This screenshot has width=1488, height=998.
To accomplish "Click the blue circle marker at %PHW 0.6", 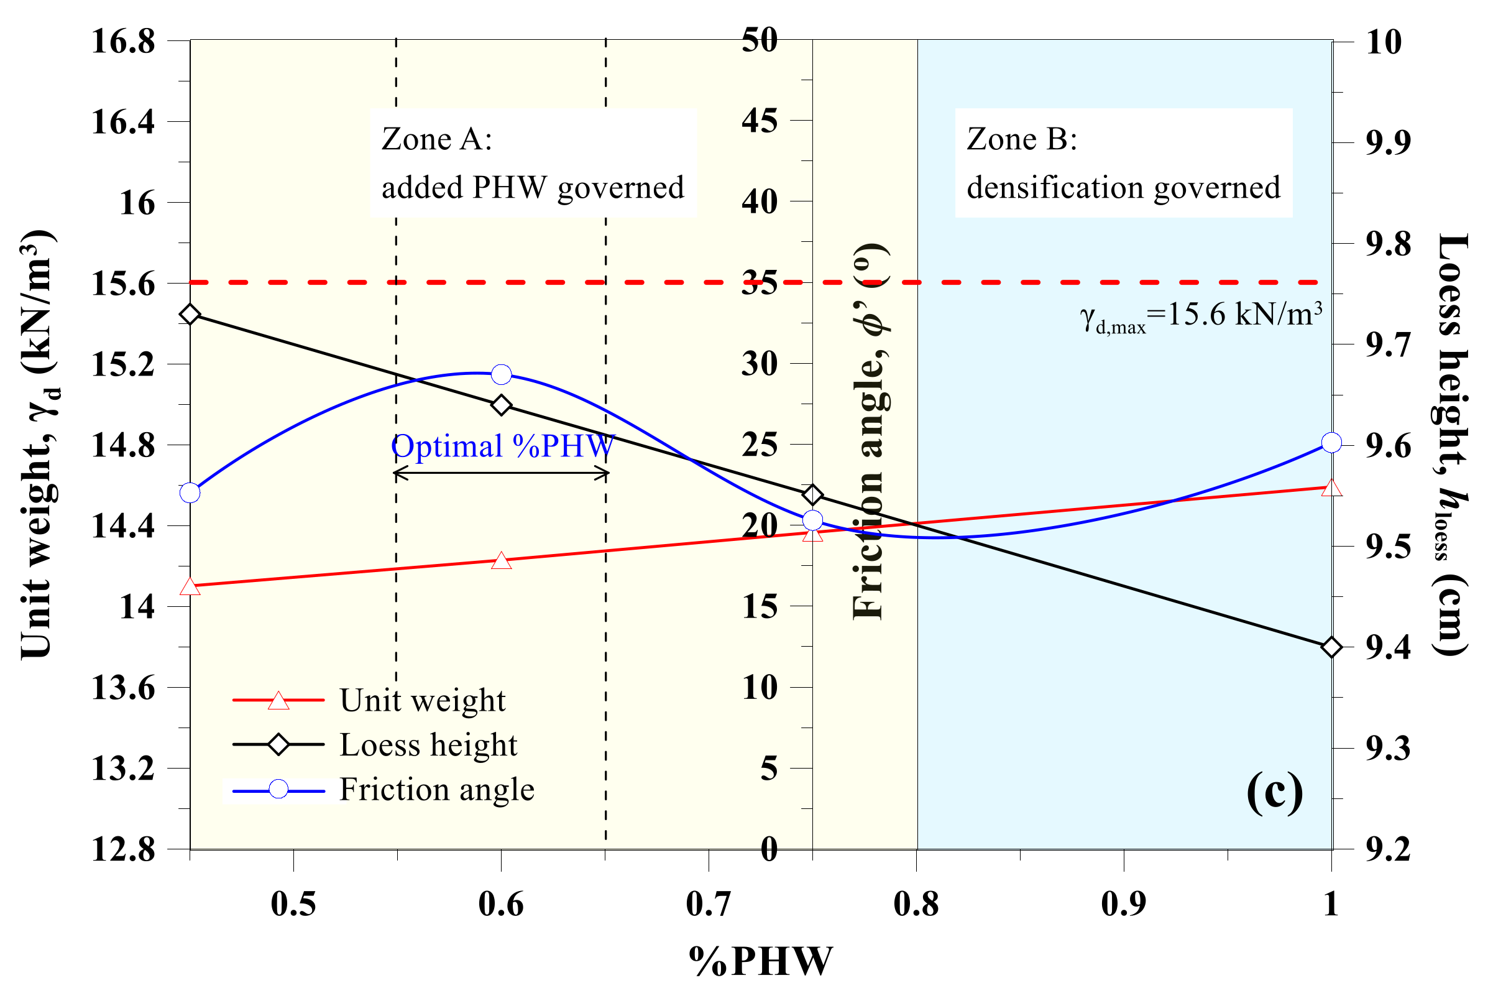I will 502,374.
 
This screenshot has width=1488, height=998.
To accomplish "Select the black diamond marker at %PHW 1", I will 1331,647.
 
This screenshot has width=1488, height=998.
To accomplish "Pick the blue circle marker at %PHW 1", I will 1331,442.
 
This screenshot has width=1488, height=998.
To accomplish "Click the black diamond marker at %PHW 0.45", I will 190,315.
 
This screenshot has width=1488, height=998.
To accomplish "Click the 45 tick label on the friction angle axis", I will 760,120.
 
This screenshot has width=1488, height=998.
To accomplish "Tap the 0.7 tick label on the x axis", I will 708,904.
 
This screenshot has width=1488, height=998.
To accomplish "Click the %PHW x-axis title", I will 760,961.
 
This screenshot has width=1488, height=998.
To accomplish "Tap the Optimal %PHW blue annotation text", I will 503,446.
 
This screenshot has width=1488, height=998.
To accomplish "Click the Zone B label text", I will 1123,163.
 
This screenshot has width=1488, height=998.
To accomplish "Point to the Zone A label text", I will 533,163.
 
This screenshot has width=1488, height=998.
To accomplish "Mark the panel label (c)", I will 1274,792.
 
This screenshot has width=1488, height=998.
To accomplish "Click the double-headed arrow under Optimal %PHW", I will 502,473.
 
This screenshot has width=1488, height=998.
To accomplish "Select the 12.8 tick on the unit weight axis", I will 123,849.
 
